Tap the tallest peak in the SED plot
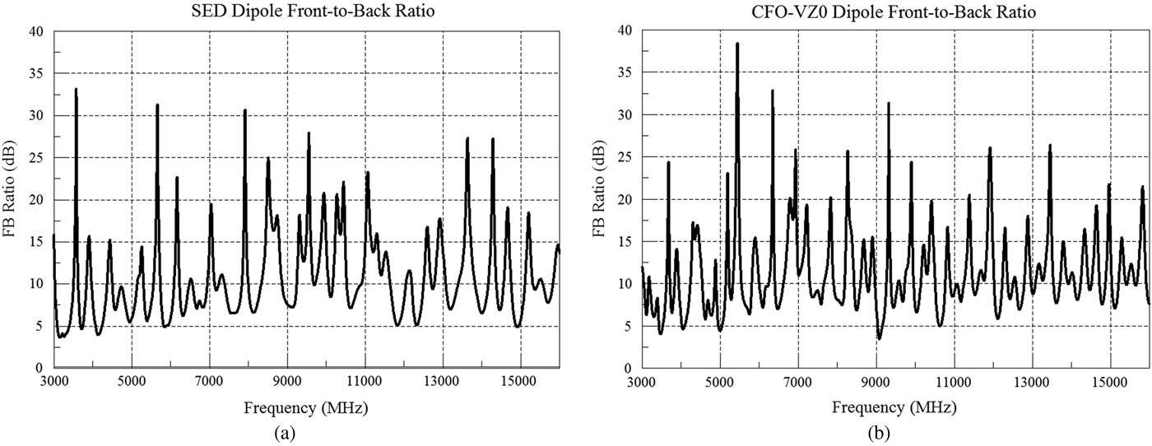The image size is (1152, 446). (77, 90)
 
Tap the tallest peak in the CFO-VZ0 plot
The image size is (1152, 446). (737, 44)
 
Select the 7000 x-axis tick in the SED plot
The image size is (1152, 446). (209, 382)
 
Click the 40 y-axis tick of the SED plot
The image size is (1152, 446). (37, 31)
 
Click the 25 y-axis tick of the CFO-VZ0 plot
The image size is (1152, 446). (625, 157)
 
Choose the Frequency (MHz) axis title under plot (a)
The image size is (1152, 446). (306, 407)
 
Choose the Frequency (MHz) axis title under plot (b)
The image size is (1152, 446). (894, 407)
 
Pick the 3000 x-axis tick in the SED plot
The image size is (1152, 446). (53, 382)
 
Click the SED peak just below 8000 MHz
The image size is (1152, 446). (245, 110)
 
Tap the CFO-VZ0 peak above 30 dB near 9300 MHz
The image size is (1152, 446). (889, 104)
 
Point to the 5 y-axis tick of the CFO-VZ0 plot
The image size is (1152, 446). (629, 326)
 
